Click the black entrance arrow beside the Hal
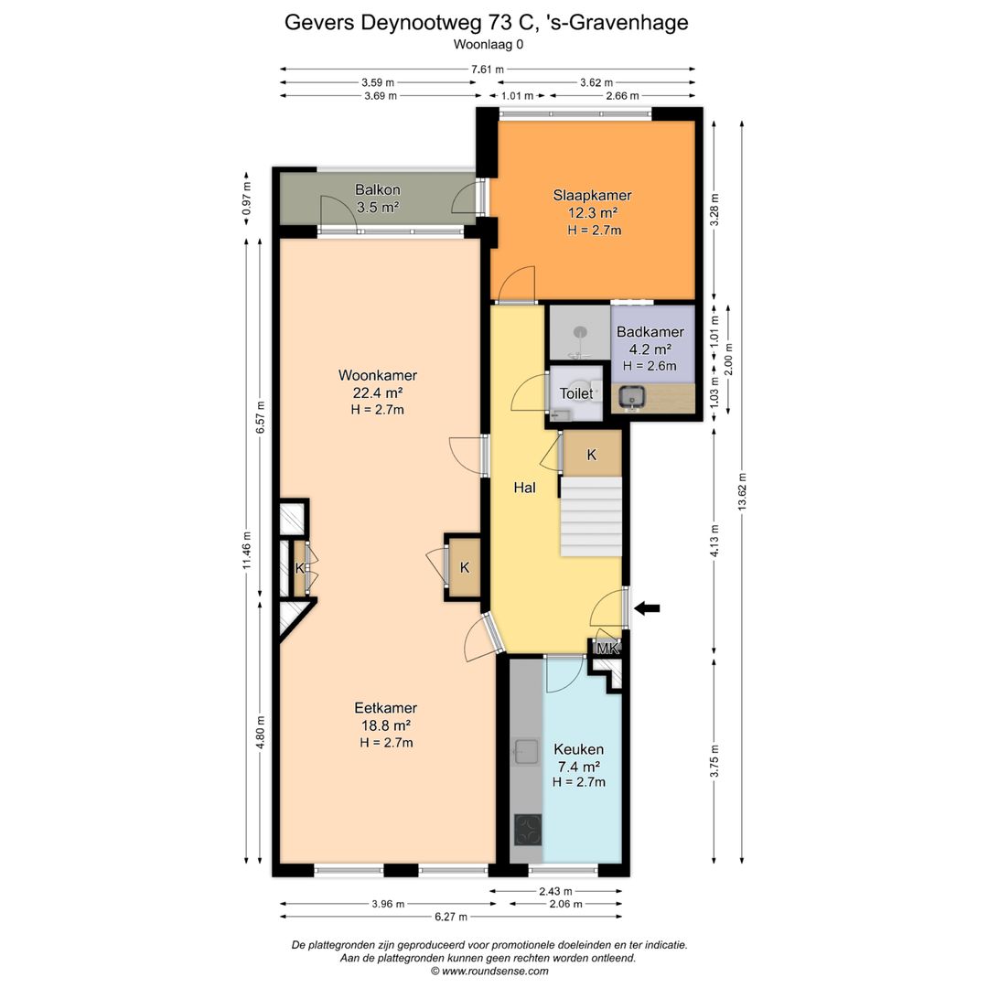tap(647, 608)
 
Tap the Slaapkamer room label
tap(592, 196)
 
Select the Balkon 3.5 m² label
tap(378, 198)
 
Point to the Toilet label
tap(576, 393)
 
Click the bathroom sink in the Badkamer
tap(630, 397)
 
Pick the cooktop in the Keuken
tap(528, 829)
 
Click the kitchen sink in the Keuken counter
tap(525, 750)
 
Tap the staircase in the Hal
tap(591, 516)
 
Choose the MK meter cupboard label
tap(607, 648)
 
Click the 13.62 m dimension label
tap(742, 491)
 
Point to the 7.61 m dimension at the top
tap(487, 70)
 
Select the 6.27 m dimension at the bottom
tap(451, 917)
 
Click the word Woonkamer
tap(378, 376)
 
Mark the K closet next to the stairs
tap(592, 455)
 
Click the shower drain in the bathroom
tap(580, 331)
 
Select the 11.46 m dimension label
tap(246, 550)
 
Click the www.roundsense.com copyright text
tap(489, 971)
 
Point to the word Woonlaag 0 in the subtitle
tap(489, 45)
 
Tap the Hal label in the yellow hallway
tap(524, 487)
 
